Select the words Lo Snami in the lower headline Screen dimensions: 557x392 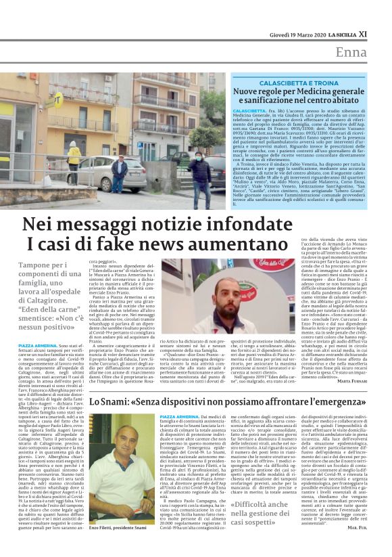pyautogui.click(x=109, y=402)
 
